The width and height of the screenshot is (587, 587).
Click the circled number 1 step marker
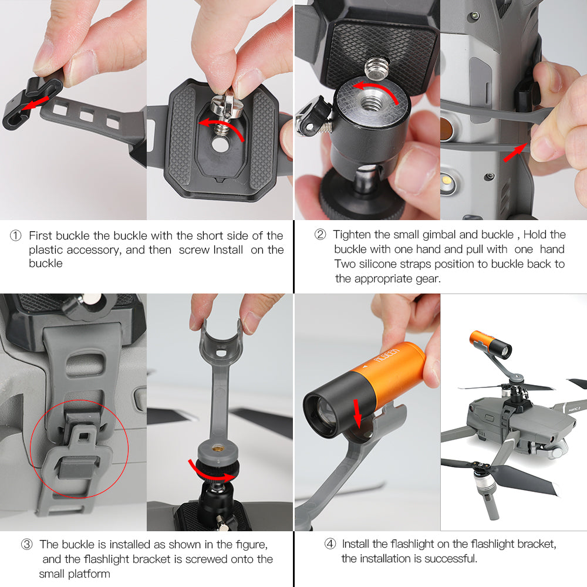point(15,235)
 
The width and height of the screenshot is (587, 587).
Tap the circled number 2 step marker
point(320,234)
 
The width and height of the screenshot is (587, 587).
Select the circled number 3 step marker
point(26,544)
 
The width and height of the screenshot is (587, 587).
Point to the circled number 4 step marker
point(330,544)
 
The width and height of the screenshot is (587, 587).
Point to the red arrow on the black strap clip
point(35,103)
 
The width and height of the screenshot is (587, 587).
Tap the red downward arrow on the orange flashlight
point(357,413)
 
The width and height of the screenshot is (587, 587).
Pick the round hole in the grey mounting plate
point(221,144)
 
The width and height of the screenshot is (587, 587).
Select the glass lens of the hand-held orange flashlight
point(322,414)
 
